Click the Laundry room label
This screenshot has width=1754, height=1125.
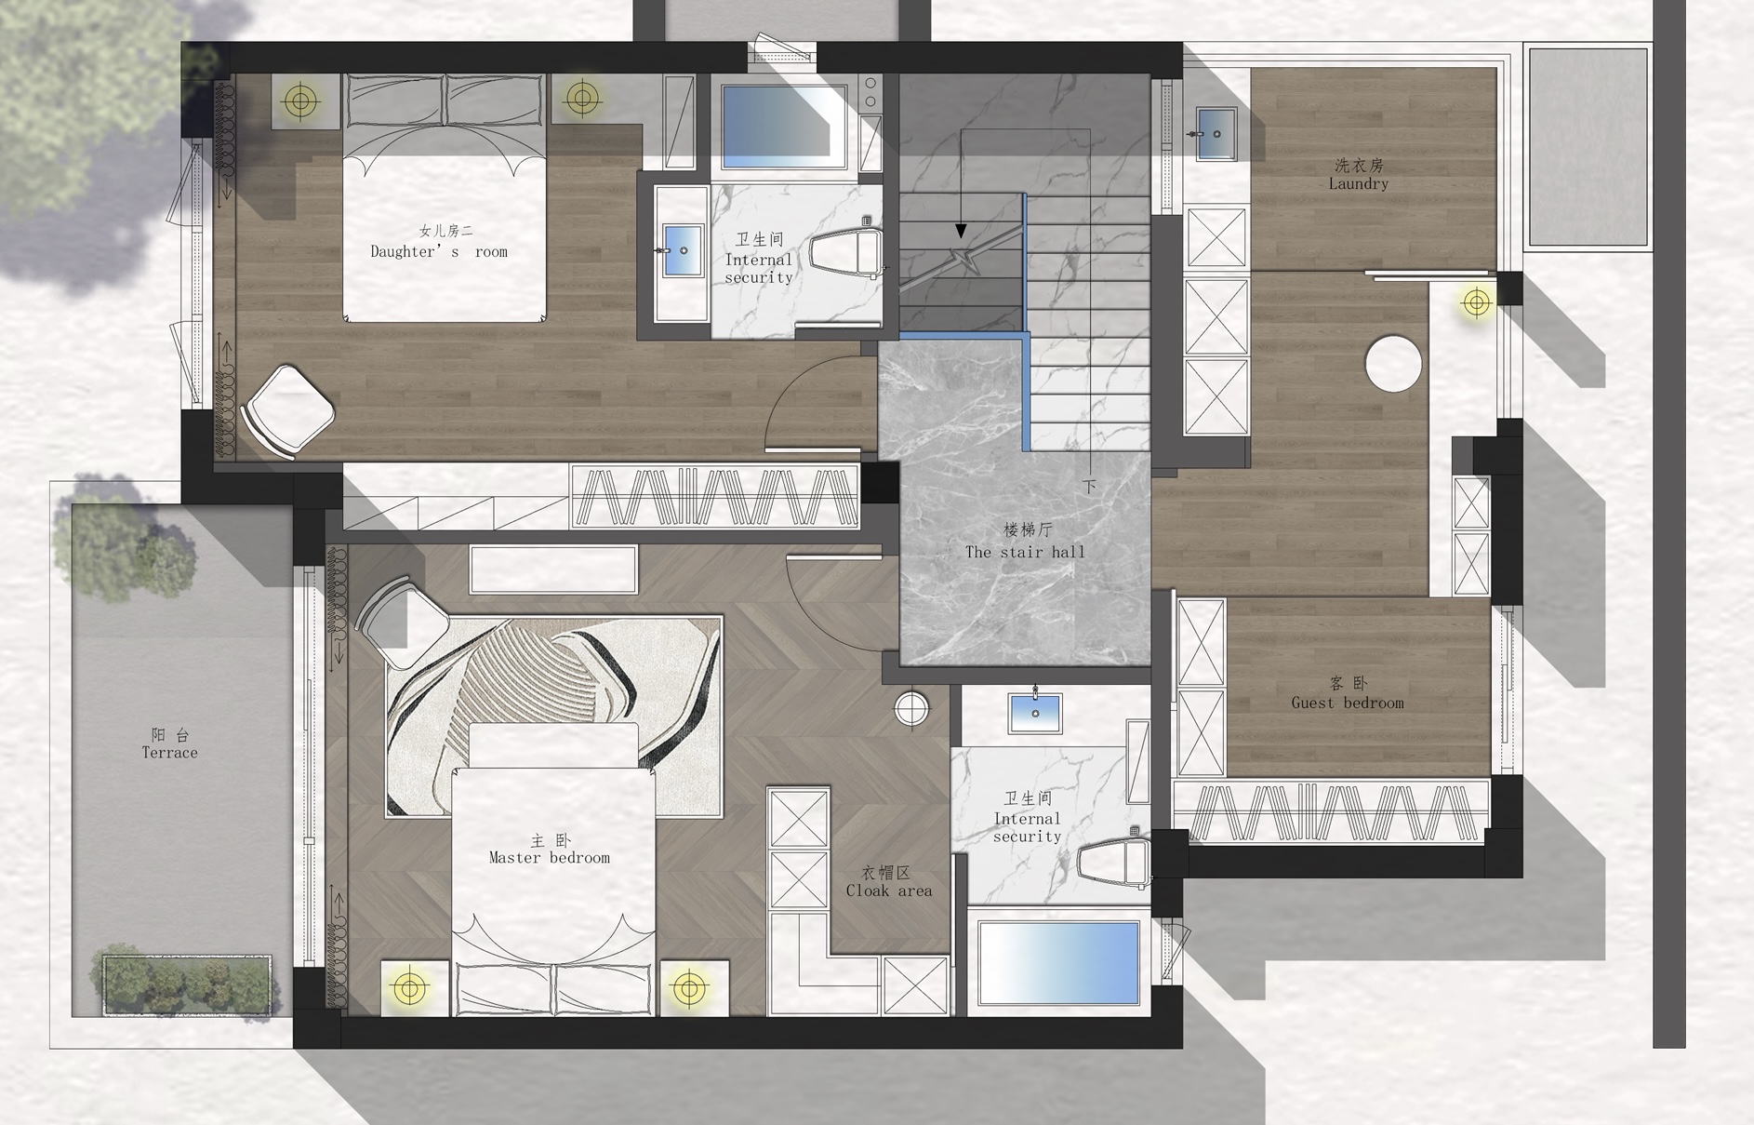(1359, 174)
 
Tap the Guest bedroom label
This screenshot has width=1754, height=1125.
(1348, 693)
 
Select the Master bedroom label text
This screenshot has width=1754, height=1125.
(550, 849)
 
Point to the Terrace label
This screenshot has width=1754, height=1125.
(170, 743)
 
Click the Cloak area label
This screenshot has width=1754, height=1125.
(888, 881)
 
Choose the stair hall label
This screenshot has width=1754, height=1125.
(1025, 541)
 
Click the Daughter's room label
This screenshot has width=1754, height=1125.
(439, 241)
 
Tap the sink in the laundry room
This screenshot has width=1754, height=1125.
(1216, 134)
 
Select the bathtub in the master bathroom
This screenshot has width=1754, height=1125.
(1059, 963)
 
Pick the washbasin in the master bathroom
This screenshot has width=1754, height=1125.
(1035, 713)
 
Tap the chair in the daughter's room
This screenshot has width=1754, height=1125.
(288, 411)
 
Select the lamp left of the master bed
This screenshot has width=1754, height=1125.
(409, 987)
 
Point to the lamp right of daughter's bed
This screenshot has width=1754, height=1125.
(582, 97)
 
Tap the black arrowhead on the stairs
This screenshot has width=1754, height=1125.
(961, 230)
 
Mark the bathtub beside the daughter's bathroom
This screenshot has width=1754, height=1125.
(785, 127)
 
